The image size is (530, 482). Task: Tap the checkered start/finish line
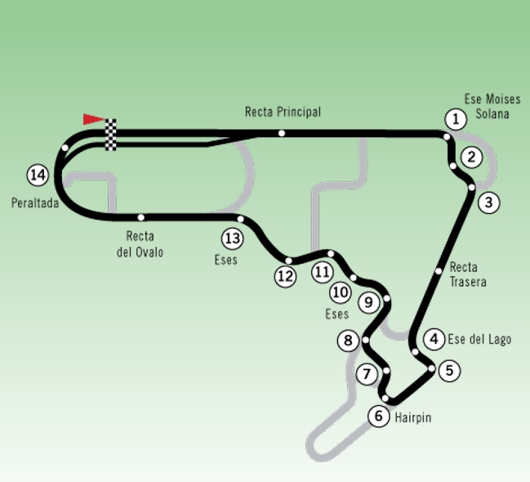point(111,135)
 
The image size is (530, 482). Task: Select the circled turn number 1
point(456,119)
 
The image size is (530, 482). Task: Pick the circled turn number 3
point(488,202)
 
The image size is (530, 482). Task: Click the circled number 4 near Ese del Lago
point(434,339)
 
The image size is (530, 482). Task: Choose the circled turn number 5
point(448,371)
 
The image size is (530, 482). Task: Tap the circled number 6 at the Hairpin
point(379,416)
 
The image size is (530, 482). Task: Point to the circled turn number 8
point(350,341)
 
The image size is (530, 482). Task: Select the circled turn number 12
point(285,276)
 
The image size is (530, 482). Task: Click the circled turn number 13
point(233,239)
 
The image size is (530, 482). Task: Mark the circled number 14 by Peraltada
point(37,174)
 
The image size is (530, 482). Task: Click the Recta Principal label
point(283,112)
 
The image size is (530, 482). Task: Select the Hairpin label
point(412,417)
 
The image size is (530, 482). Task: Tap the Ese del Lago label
point(479,339)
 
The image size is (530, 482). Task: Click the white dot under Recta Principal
point(281,133)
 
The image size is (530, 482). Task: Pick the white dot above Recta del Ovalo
point(141,217)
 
